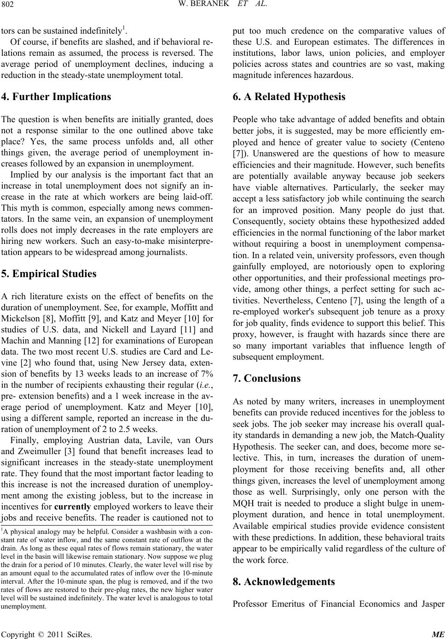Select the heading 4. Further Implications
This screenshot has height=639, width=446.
pyautogui.click(x=56, y=97)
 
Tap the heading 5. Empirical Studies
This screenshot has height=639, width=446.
pyautogui.click(x=49, y=274)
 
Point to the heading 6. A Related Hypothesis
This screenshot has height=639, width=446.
pyautogui.click(x=289, y=97)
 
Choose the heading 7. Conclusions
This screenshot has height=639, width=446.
pyautogui.click(x=267, y=379)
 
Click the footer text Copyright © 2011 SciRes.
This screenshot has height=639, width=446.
pyautogui.click(x=46, y=634)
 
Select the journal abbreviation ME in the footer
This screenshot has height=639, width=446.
pyautogui.click(x=439, y=634)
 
